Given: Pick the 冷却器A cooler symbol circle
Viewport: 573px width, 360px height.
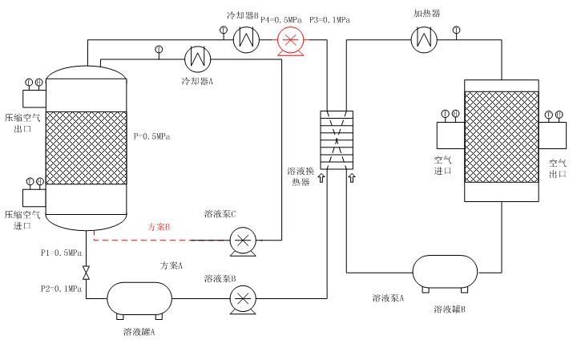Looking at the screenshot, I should (x=196, y=58).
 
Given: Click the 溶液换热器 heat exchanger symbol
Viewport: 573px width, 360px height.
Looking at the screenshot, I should (x=336, y=140).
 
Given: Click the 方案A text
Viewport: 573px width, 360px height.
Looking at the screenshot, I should (x=171, y=265).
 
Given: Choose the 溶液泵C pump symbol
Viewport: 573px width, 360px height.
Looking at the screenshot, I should (x=241, y=240).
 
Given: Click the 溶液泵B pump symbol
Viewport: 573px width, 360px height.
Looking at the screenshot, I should (x=241, y=299).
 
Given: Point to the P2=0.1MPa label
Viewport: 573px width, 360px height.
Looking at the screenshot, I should (x=62, y=288).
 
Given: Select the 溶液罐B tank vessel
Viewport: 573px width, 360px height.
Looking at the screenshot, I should (x=445, y=273).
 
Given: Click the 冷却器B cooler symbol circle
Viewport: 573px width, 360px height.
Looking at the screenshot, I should (x=244, y=38).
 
